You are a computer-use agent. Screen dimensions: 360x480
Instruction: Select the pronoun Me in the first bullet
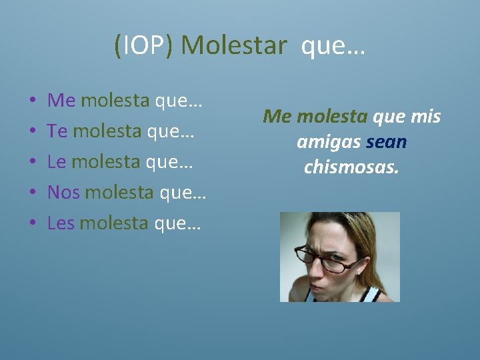click(61, 101)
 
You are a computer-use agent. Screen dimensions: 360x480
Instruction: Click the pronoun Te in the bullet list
click(57, 131)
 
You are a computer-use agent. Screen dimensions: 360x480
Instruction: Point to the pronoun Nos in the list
click(63, 193)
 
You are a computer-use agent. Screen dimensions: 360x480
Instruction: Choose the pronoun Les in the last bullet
click(61, 223)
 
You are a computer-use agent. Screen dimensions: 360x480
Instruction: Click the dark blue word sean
click(386, 142)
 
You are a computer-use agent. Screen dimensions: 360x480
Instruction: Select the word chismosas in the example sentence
click(351, 167)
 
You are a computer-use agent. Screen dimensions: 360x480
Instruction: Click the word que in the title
click(333, 45)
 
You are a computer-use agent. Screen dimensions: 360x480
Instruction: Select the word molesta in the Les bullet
click(117, 223)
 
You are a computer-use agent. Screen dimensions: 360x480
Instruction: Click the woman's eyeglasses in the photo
click(332, 259)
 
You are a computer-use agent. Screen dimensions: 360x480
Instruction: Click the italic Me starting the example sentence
click(278, 117)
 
